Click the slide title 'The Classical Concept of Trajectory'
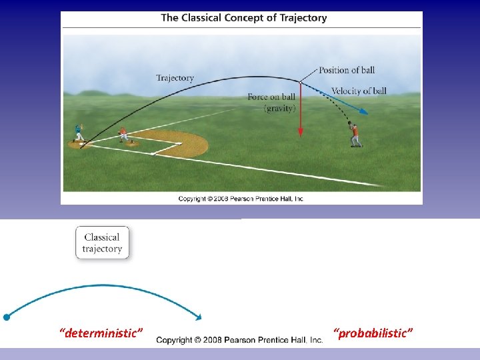(243, 18)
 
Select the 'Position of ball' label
(346, 70)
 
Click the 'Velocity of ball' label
(359, 91)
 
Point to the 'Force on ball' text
(271, 97)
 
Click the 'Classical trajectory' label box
(102, 243)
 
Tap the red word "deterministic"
(101, 332)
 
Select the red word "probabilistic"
(373, 332)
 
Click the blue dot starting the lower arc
(6, 317)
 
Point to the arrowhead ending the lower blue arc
(197, 316)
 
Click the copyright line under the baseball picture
(241, 199)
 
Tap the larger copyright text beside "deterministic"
(239, 340)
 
